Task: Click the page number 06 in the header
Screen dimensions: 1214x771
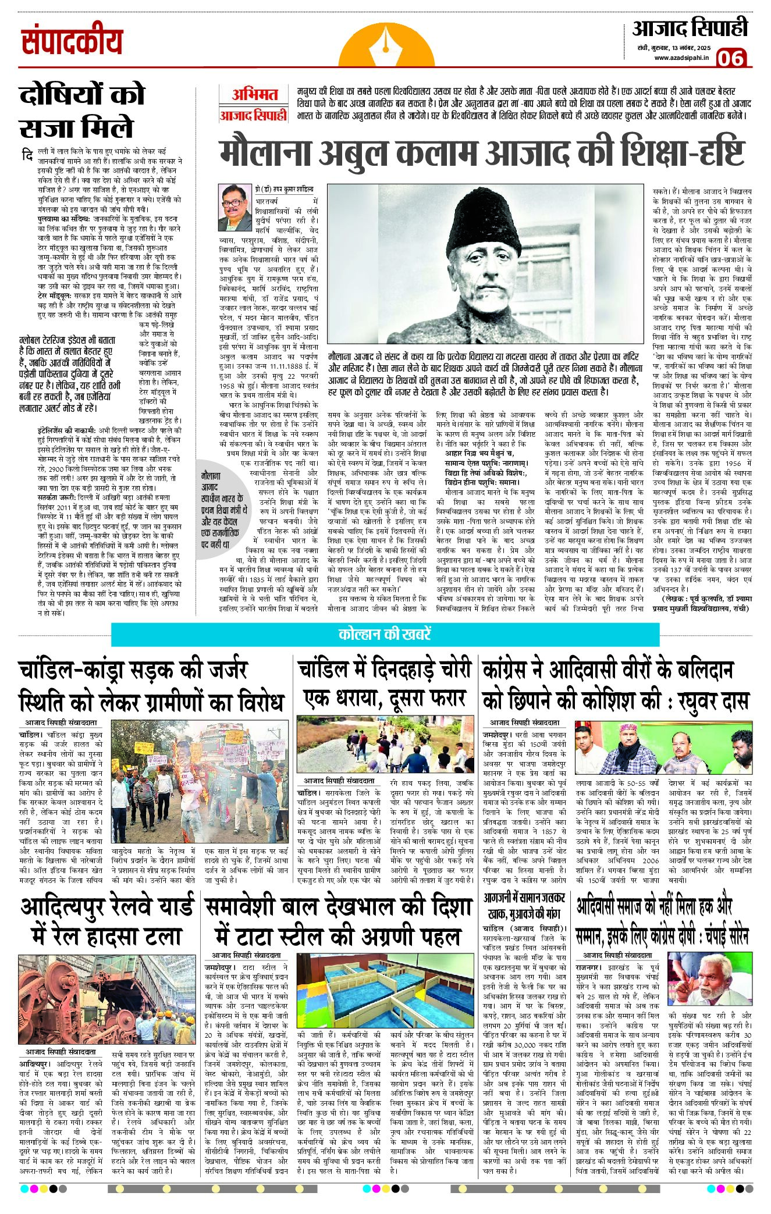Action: [731, 58]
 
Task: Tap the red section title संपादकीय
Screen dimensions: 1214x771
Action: [72, 41]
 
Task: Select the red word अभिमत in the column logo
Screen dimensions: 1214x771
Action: [255, 95]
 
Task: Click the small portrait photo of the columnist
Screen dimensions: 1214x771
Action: [235, 208]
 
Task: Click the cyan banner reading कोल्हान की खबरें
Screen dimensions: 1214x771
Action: [385, 634]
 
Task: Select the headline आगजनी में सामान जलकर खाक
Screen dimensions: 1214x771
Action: [524, 906]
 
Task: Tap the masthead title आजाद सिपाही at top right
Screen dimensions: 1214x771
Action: [689, 27]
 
